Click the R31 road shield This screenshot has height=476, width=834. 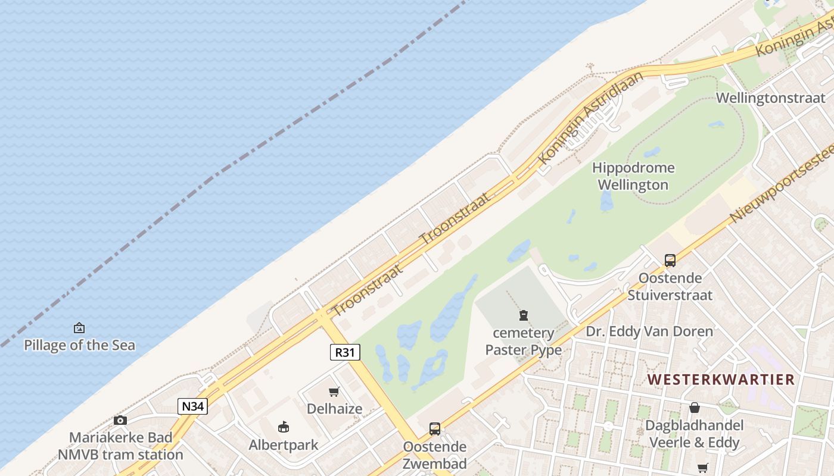click(x=345, y=352)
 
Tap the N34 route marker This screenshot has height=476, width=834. click(x=192, y=406)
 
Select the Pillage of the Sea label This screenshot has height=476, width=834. click(x=79, y=345)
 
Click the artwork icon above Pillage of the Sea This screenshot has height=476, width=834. click(x=79, y=328)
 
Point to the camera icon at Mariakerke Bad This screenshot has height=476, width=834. click(x=120, y=420)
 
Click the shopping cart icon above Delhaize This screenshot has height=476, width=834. click(x=334, y=392)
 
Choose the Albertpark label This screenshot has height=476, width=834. click(x=284, y=444)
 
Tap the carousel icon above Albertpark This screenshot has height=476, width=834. click(x=284, y=427)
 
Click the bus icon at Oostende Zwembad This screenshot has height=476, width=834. click(x=435, y=428)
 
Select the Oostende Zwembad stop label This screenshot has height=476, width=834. click(x=435, y=455)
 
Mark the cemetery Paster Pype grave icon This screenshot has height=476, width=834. click(x=524, y=315)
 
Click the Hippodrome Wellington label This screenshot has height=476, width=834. click(x=633, y=176)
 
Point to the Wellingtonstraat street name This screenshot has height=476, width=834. click(x=770, y=98)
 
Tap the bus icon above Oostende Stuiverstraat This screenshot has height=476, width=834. click(x=670, y=260)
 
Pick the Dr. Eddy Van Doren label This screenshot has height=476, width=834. click(x=649, y=331)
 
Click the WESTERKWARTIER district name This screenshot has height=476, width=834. click(x=721, y=379)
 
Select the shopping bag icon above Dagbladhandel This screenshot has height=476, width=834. click(x=694, y=408)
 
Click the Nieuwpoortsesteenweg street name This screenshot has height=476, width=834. click(x=780, y=184)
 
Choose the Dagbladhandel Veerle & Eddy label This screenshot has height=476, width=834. click(x=695, y=434)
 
